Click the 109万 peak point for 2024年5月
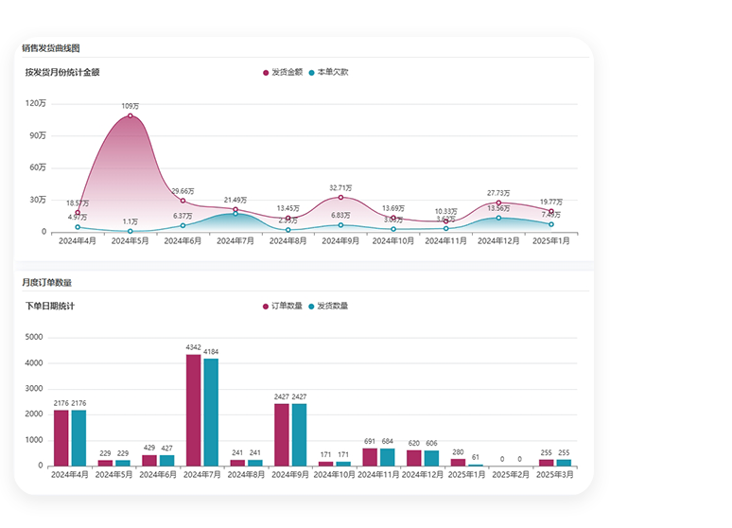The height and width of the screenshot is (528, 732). pyautogui.click(x=131, y=115)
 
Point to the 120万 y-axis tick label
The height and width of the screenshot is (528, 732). pyautogui.click(x=36, y=103)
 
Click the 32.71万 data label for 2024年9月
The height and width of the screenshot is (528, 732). pyautogui.click(x=340, y=187)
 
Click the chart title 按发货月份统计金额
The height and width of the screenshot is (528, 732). pyautogui.click(x=62, y=72)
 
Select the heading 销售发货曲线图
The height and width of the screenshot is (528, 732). pyautogui.click(x=51, y=47)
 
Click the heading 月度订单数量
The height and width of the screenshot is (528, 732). pyautogui.click(x=47, y=282)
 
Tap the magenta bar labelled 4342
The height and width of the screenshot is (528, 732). pyautogui.click(x=193, y=410)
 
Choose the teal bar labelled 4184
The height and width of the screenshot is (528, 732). pyautogui.click(x=211, y=412)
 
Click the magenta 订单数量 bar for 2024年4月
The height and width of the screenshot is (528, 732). pyautogui.click(x=61, y=437)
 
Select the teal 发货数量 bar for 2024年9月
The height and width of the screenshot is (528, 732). pyautogui.click(x=300, y=434)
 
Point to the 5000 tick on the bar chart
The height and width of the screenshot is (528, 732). pyautogui.click(x=34, y=338)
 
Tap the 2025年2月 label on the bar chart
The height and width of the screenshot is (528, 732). pyautogui.click(x=511, y=475)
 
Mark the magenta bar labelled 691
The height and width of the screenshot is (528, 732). pyautogui.click(x=370, y=456)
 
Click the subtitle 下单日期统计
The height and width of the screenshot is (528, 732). pyautogui.click(x=50, y=306)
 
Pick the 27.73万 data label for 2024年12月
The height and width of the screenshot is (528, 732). pyautogui.click(x=498, y=193)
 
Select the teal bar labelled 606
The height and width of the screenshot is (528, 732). pyautogui.click(x=432, y=458)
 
